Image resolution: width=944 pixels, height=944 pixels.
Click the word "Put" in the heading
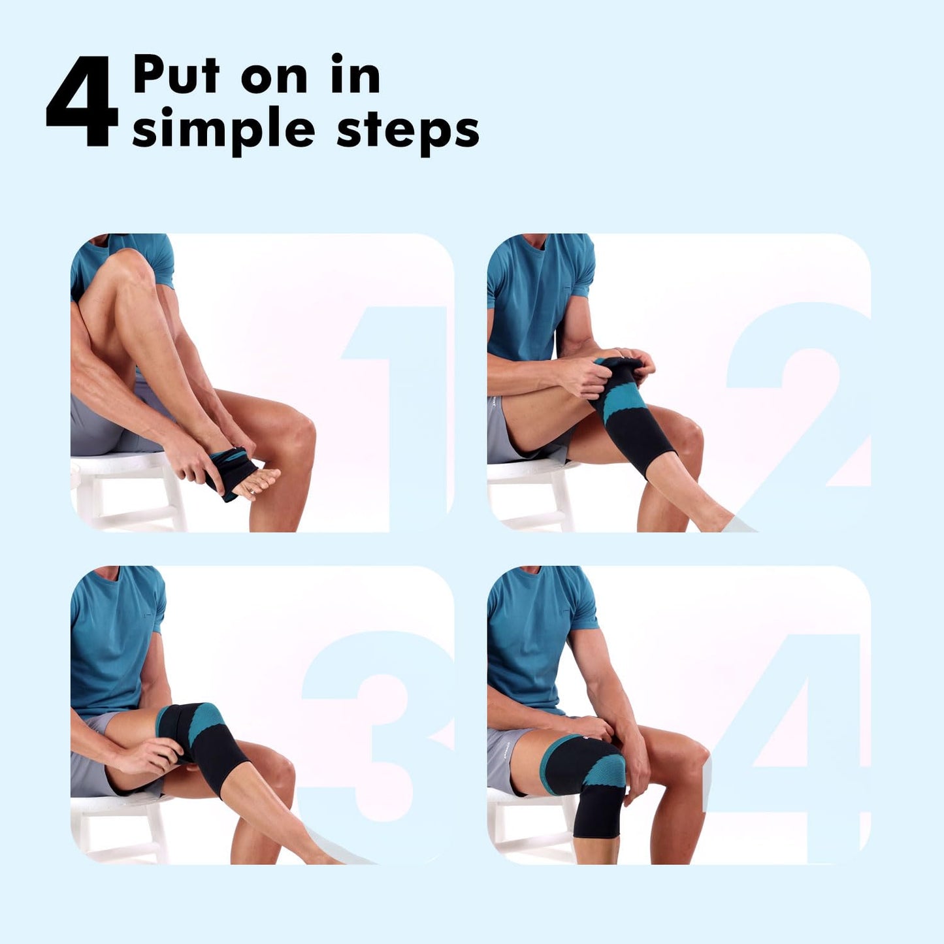[176, 75]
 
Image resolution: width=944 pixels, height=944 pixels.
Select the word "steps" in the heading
[408, 129]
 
